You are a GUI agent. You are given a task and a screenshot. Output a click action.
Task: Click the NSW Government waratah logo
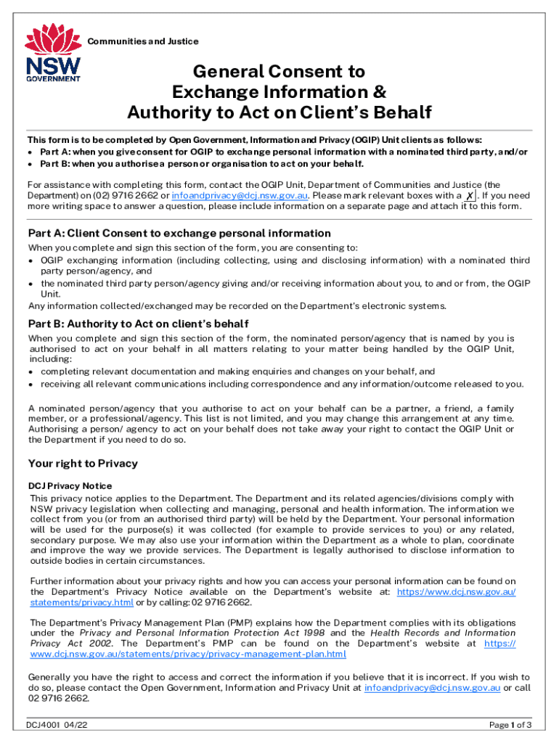point(53,53)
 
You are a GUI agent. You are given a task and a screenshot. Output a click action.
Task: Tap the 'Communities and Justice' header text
point(142,41)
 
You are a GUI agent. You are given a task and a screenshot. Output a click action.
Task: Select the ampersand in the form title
point(380,93)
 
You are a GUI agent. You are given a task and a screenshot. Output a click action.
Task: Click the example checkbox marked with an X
point(470,195)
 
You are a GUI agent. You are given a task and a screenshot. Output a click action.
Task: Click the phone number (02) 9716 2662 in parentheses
point(127,196)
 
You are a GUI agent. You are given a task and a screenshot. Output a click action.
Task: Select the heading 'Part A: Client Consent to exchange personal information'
point(179,234)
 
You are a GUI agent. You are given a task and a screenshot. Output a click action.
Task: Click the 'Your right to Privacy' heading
point(83,464)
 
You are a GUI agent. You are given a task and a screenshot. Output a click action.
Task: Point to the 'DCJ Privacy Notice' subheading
point(70,486)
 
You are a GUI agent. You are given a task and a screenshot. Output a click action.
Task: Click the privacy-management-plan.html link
point(188,654)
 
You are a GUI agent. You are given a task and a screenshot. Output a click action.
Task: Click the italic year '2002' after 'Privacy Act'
point(102,644)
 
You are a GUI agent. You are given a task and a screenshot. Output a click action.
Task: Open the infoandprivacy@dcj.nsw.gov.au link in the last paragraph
point(432,688)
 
